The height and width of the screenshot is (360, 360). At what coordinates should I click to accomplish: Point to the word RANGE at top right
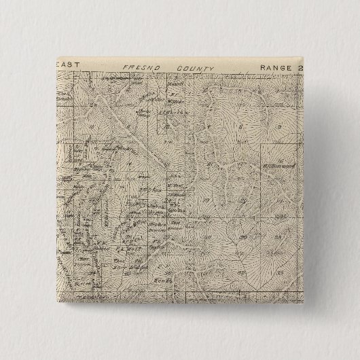(274, 68)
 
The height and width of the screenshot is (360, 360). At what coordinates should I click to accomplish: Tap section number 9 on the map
(279, 127)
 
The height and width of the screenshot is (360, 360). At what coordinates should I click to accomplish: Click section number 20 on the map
(242, 202)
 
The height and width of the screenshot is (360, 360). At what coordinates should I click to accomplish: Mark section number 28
(281, 238)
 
